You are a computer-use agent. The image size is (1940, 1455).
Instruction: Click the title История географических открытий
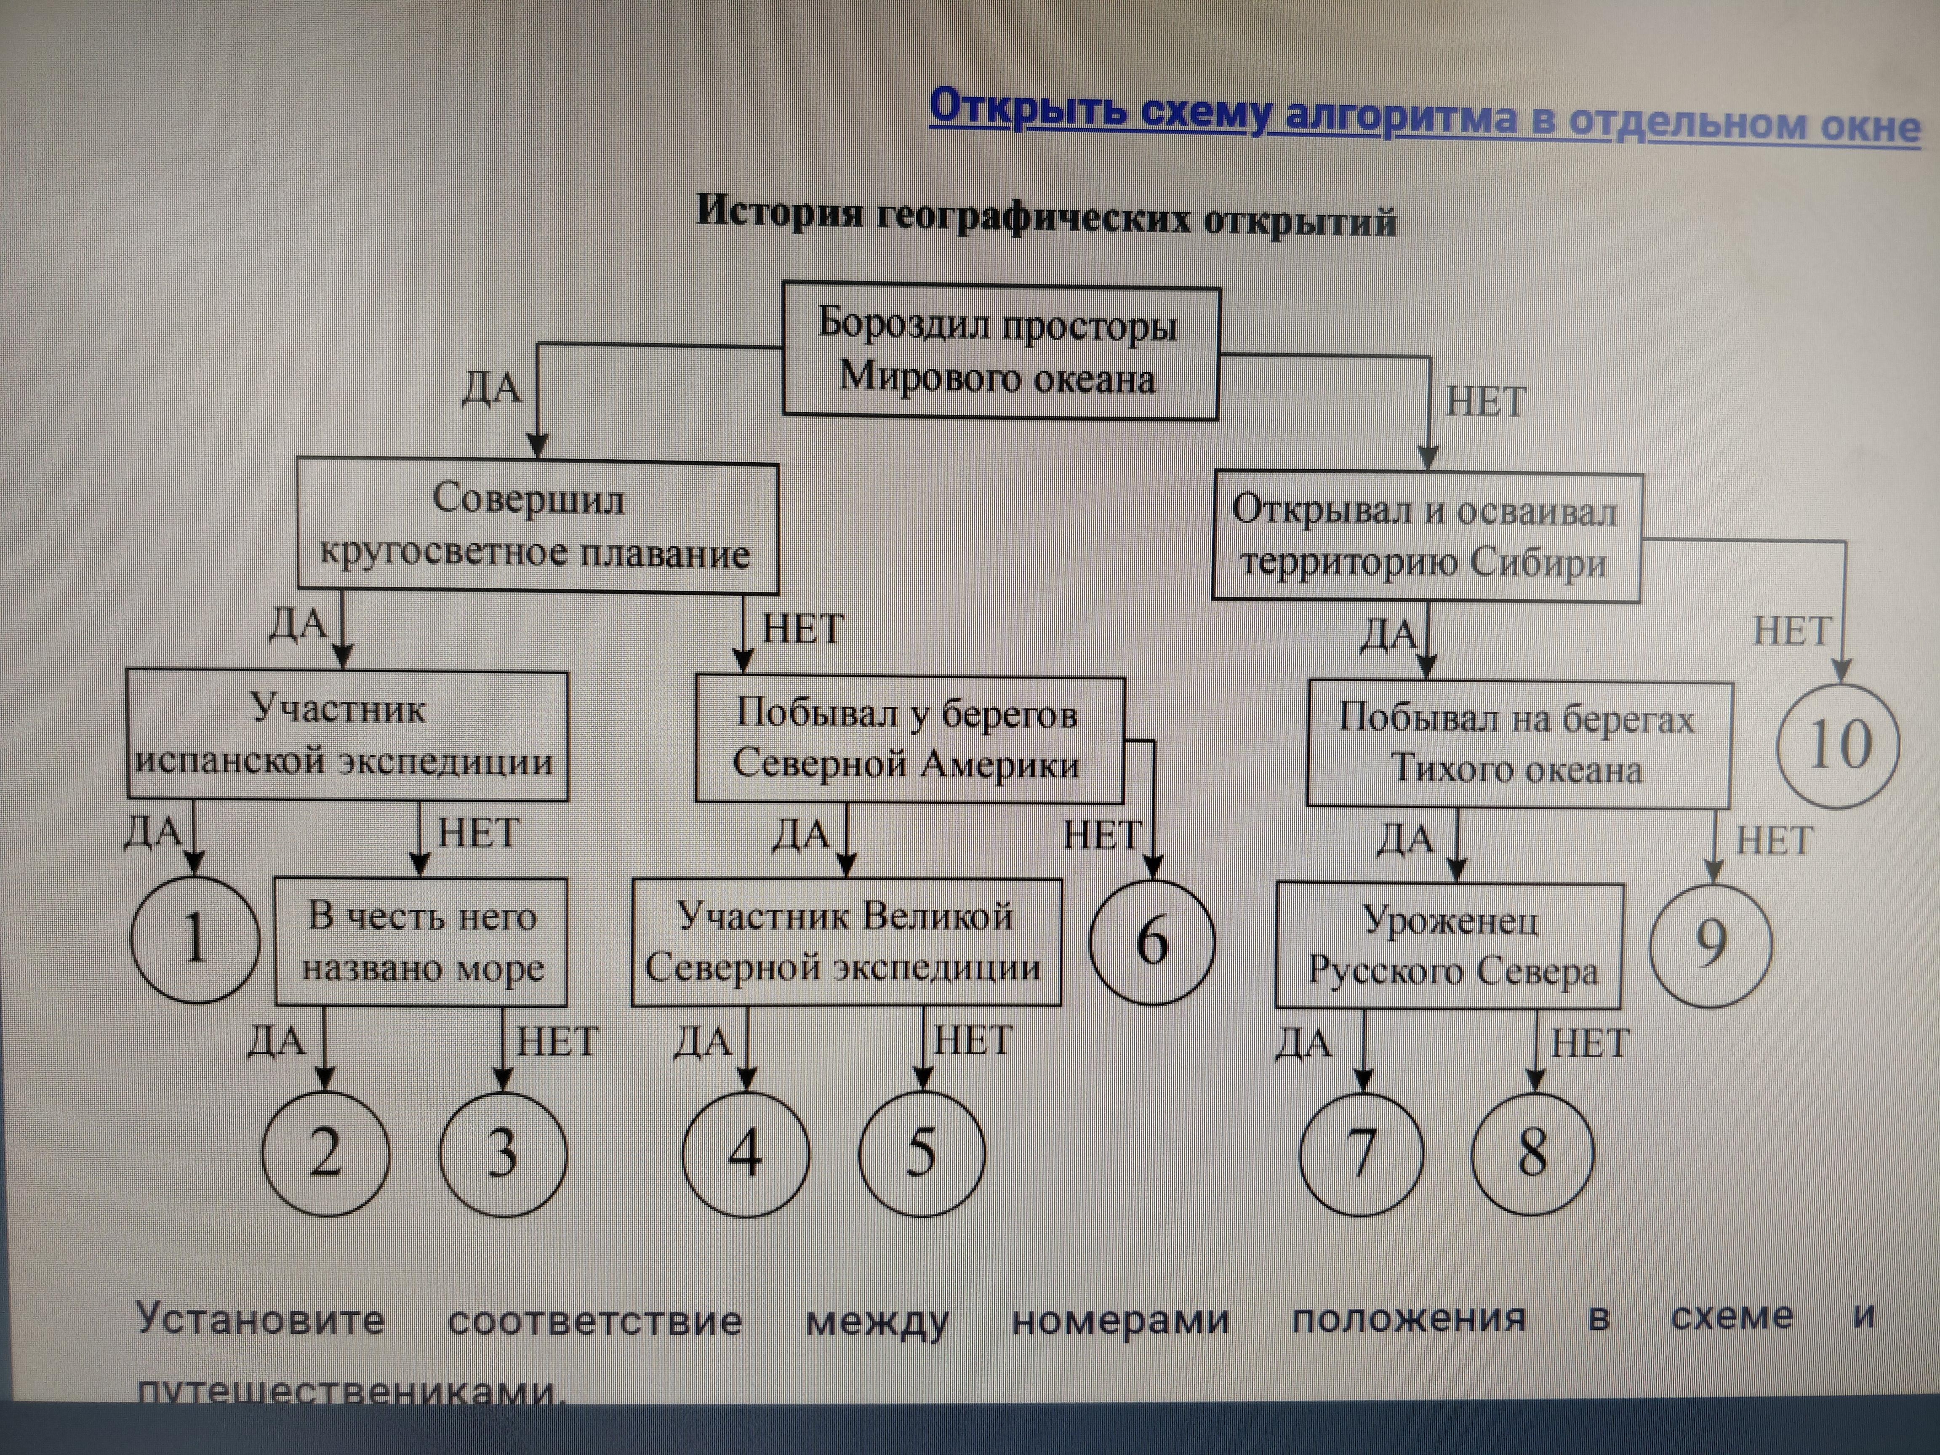[x=1045, y=216]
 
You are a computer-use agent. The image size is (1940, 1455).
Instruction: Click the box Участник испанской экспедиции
[x=346, y=735]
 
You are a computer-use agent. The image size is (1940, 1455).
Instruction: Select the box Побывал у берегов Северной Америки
[x=909, y=739]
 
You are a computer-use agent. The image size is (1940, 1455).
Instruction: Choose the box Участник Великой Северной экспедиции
[x=845, y=942]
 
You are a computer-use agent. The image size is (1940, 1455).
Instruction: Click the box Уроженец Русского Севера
[x=1449, y=946]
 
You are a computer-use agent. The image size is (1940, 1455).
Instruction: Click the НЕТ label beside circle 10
[x=1792, y=632]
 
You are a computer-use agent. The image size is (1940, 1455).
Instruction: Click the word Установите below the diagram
[x=261, y=1319]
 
